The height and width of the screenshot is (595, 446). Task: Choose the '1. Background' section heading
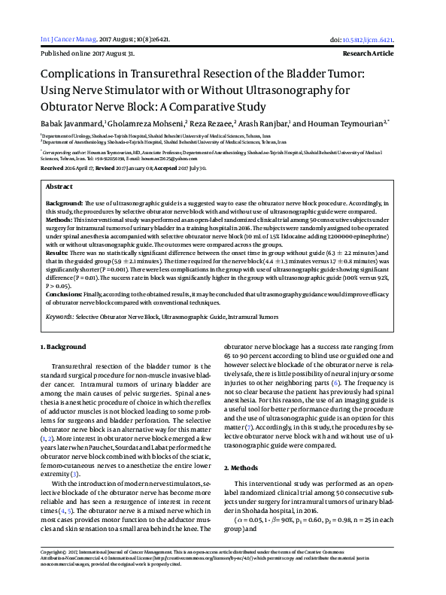tap(62, 347)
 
